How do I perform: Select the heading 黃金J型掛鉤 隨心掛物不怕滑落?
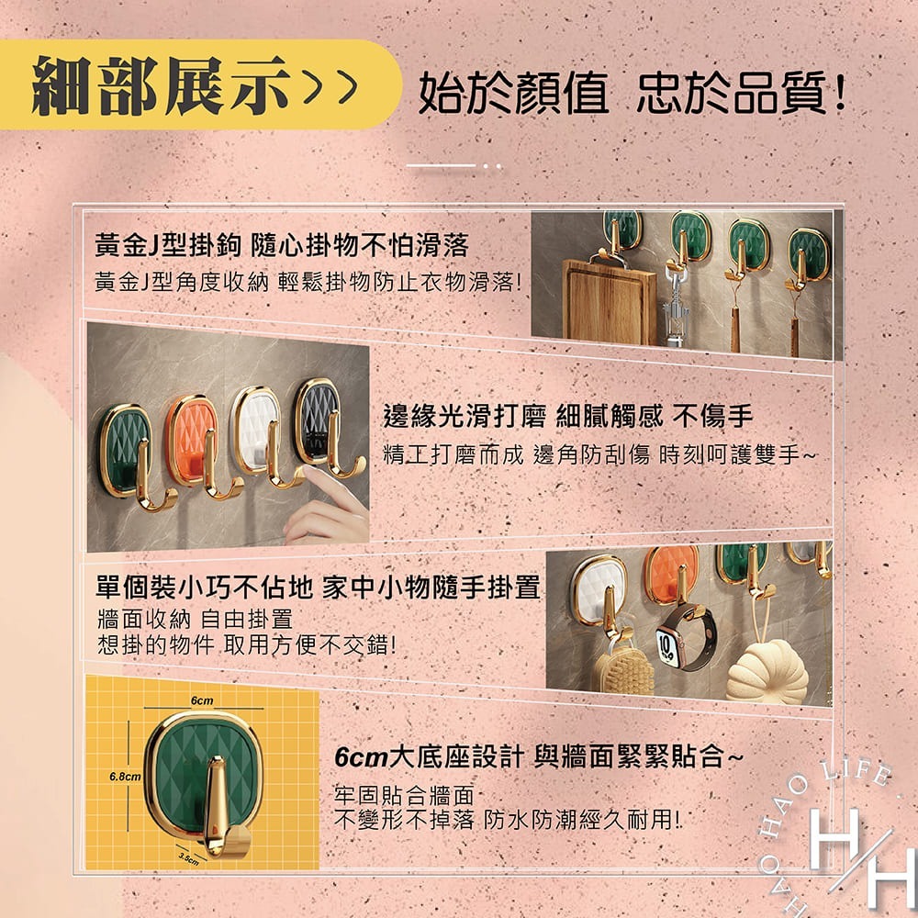tap(282, 244)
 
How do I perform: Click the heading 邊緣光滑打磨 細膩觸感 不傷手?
tap(567, 417)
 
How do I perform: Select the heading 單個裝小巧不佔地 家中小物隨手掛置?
tap(318, 587)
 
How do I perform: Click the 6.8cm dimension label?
tap(124, 777)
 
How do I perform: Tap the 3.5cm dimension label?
tap(190, 857)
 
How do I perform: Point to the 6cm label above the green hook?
tap(202, 701)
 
